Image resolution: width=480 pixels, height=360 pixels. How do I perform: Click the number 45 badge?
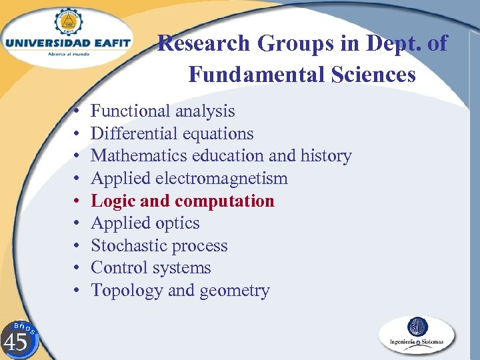tap(17, 340)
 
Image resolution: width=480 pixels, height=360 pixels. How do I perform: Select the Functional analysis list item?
tap(163, 111)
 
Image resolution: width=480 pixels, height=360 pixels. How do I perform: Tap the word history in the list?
tap(325, 156)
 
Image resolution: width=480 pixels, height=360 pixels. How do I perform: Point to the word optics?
tap(176, 223)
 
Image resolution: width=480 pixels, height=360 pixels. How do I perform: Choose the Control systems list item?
tap(151, 268)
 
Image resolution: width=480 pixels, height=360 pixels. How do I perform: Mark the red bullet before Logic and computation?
tap(78, 201)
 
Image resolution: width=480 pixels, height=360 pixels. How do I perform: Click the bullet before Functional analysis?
tap(78, 111)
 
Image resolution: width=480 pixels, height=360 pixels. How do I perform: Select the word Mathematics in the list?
tap(139, 156)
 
